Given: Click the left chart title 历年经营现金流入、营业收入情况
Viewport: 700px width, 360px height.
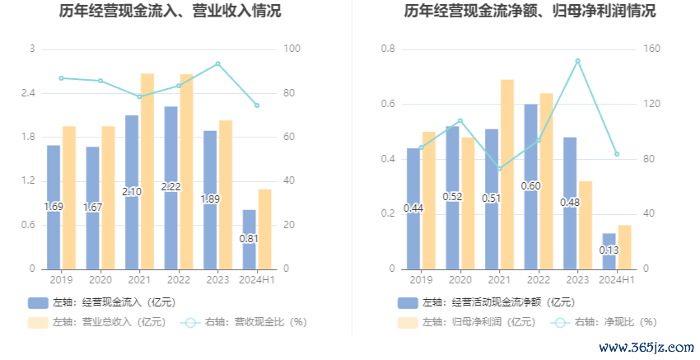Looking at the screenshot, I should pos(170,12).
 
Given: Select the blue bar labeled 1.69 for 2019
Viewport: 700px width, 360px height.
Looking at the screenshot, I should pos(54,207).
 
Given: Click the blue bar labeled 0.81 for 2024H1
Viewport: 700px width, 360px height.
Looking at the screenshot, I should pos(250,239).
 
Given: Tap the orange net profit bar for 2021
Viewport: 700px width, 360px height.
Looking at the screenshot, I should pos(507,174).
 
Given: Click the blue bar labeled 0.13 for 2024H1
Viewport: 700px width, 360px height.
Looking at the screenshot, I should pos(609,250).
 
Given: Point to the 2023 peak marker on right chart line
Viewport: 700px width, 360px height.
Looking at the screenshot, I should pos(577,61).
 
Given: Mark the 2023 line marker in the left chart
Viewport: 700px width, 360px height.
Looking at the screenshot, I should pos(217,63).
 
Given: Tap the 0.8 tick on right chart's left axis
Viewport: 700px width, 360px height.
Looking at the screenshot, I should pos(389,49).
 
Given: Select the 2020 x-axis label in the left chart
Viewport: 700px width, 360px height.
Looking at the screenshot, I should pos(100,281).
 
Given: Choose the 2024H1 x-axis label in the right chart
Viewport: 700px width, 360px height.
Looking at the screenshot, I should pos(617,281).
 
